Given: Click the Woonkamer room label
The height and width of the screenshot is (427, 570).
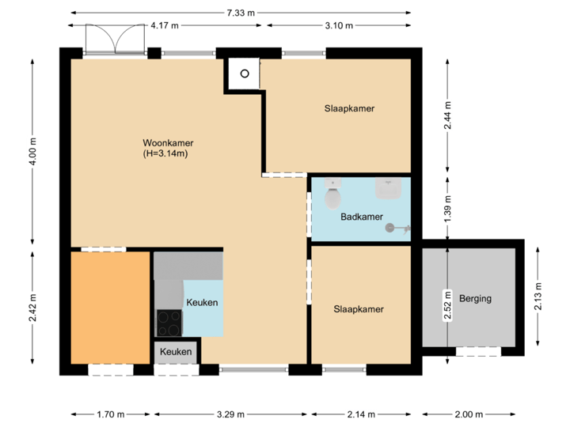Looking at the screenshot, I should coord(168,143).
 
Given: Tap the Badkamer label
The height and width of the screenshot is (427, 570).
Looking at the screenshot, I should coord(362,217).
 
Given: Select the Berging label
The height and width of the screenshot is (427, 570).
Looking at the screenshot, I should coord(475,299).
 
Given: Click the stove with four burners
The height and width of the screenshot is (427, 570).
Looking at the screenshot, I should coord(169,323).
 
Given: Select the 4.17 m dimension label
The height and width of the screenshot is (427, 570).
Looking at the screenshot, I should coord(165,26).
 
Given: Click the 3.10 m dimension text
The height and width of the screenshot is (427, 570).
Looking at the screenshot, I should coord(339,26).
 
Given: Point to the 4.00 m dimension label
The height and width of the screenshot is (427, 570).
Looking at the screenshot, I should coord(32,151).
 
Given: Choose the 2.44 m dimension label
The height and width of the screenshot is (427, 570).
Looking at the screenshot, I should coord(447,115).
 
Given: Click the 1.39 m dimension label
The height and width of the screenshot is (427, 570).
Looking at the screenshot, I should coord(447,209).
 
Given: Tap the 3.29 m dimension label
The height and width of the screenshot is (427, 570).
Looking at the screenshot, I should coord(230,414).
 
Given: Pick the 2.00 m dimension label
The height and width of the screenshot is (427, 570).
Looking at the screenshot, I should coord(469,414).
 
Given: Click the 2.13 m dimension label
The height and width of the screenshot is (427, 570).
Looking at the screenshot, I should coord(538,295).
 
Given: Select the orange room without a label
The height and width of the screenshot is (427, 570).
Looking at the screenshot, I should coord(110,308).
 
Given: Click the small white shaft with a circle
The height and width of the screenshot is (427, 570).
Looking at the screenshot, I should coord(245,74).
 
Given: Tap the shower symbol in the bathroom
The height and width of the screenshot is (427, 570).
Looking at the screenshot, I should coord(396,229).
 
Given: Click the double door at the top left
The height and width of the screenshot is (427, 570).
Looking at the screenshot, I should coord(115,40).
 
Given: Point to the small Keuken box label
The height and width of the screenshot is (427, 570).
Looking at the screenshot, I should coord(175,352).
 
